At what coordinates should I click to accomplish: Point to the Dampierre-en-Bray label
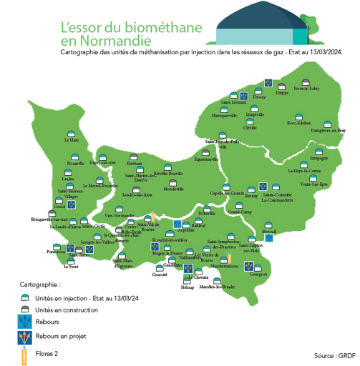(x=328, y=131)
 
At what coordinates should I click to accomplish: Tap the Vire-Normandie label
(x=120, y=215)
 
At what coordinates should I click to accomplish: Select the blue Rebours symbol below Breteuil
(x=268, y=239)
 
